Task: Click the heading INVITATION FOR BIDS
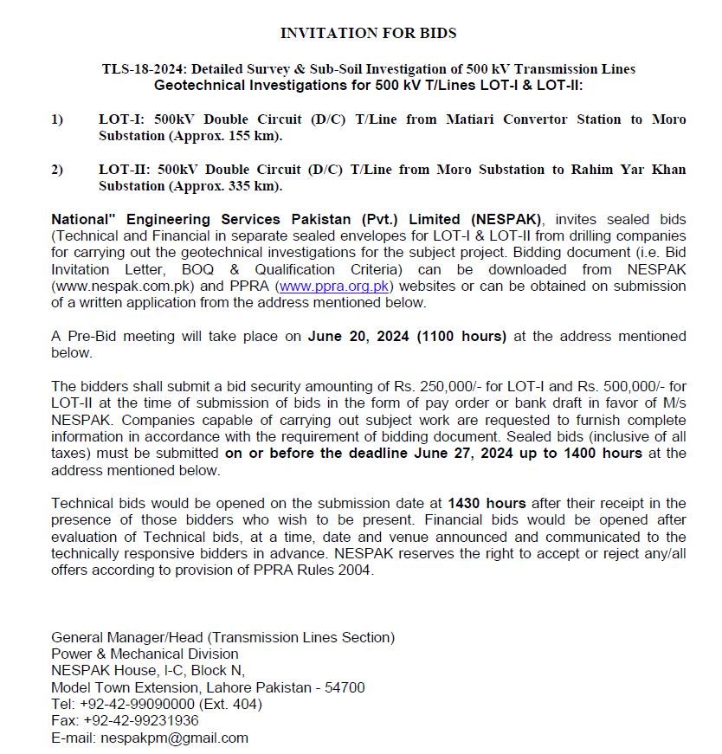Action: point(368,33)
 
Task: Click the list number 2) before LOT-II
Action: point(57,170)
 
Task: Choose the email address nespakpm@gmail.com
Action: point(174,738)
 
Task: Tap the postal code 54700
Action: point(345,687)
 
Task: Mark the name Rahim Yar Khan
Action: point(628,170)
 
